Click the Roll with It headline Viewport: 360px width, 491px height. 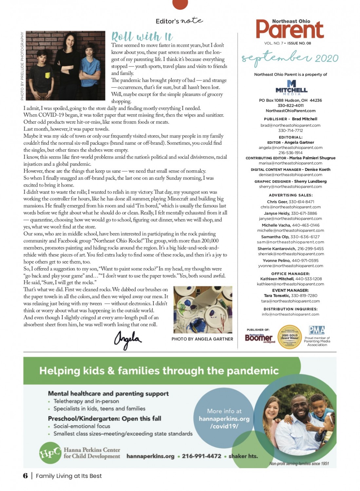[x=142, y=36]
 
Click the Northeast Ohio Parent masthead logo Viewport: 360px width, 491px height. [x=290, y=29]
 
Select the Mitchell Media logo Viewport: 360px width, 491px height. [x=291, y=88]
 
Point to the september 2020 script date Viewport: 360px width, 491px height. [x=290, y=58]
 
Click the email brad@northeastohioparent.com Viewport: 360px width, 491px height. [x=290, y=125]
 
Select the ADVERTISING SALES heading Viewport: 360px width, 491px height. [x=291, y=195]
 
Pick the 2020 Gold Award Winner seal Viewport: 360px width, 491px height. [x=289, y=337]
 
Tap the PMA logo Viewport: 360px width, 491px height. [x=317, y=330]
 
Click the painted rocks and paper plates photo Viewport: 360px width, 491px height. [x=202, y=309]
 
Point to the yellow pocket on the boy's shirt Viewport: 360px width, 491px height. [x=48, y=75]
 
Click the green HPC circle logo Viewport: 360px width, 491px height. [x=50, y=453]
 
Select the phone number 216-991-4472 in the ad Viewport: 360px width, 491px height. [x=201, y=456]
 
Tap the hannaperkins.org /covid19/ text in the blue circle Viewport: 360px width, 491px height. [x=224, y=422]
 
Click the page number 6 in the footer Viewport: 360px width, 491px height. [x=25, y=476]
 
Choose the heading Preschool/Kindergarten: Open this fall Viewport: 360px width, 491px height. [x=104, y=418]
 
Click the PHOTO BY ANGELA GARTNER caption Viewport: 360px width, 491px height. [x=202, y=339]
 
